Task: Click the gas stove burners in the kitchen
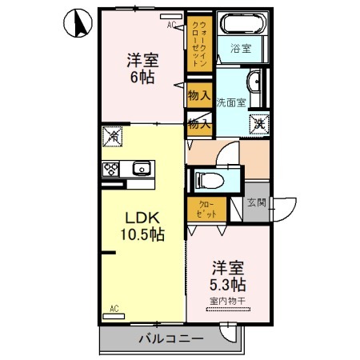(x=112, y=168)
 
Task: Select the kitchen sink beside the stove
(x=141, y=168)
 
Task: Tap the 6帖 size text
(x=142, y=78)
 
